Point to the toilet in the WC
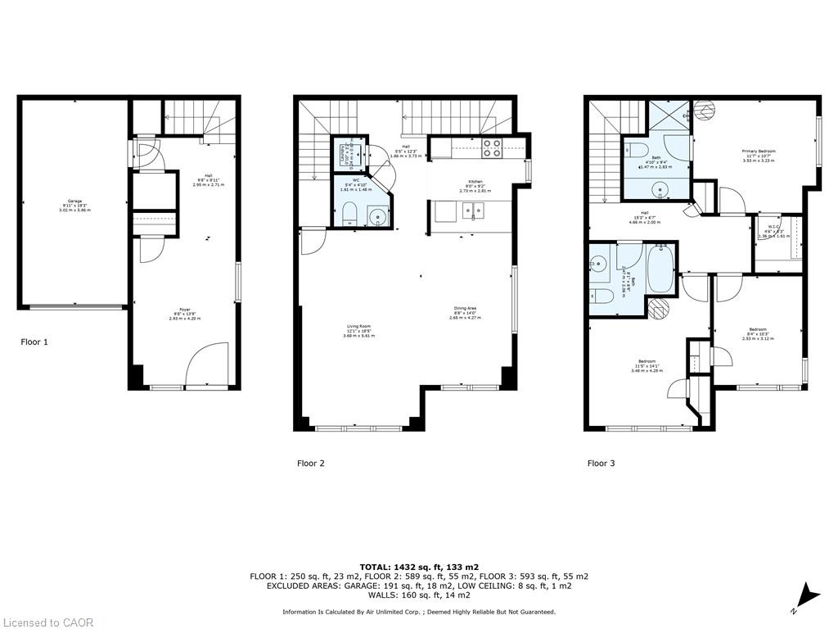pyautogui.click(x=347, y=217)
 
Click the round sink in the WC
pyautogui.click(x=377, y=217)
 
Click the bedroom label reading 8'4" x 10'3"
pyautogui.click(x=757, y=333)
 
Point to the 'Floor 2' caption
pyautogui.click(x=310, y=464)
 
